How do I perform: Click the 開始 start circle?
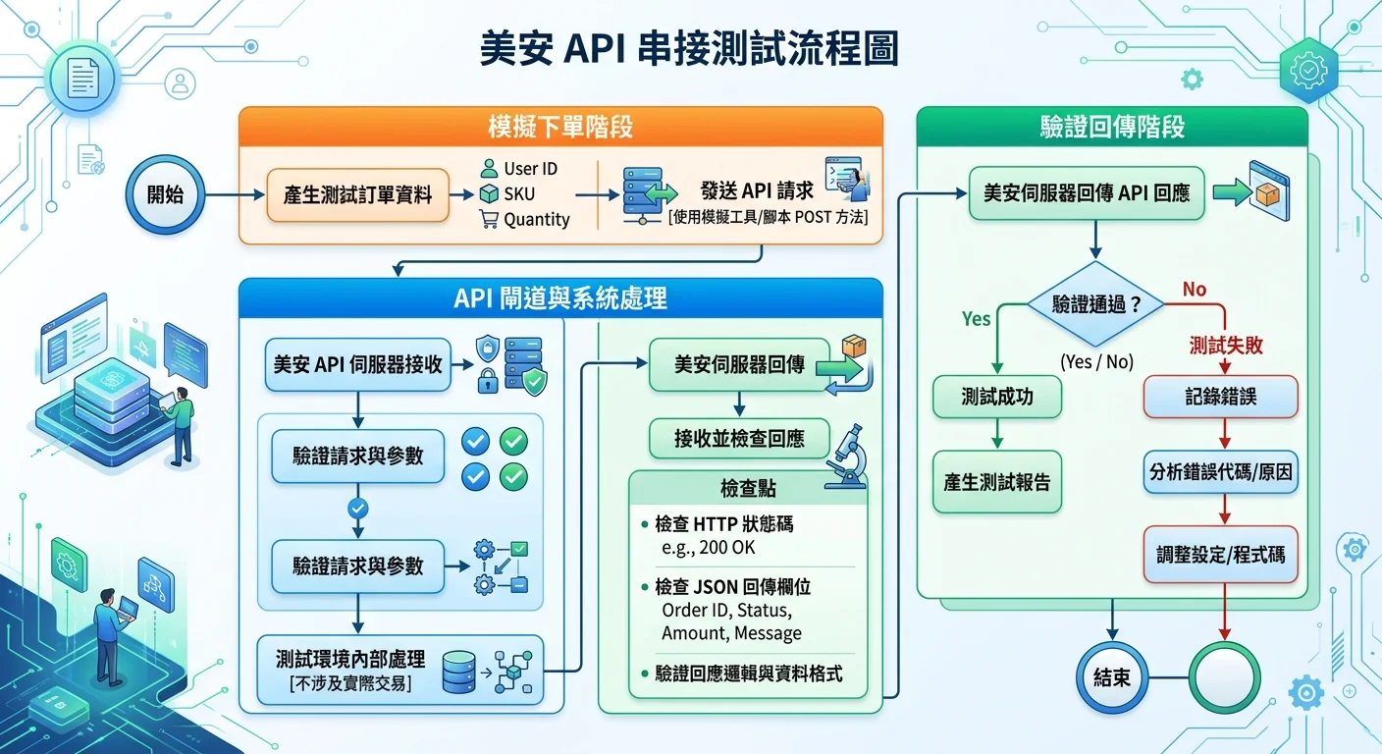coord(165,194)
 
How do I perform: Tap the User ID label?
coord(530,169)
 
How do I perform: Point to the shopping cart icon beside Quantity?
coord(488,220)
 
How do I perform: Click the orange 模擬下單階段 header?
coord(559,128)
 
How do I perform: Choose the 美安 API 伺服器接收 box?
coord(357,364)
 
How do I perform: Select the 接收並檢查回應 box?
coord(739,439)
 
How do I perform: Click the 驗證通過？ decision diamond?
coord(1095,304)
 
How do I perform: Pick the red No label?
coord(1195,290)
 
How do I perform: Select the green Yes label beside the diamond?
coord(976,319)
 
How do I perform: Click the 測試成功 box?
coord(997,397)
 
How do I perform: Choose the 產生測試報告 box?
coord(997,482)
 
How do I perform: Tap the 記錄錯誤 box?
coord(1221,397)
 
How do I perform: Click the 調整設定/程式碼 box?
coord(1221,554)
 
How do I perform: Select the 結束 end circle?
coord(1111,677)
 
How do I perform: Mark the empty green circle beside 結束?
coord(1223,677)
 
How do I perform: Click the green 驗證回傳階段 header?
coord(1111,128)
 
